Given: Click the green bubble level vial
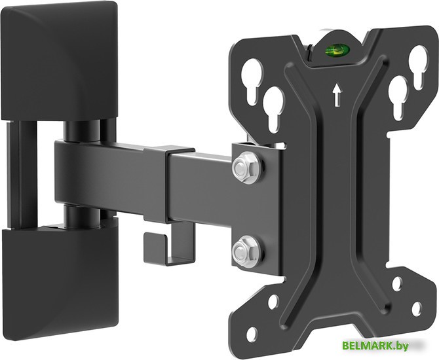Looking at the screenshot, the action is tap(337, 50).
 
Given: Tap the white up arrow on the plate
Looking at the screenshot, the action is tap(337, 95).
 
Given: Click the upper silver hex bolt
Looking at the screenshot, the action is tap(246, 168).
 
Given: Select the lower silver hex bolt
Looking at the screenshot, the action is tap(246, 251).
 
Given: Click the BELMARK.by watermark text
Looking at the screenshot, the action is tap(375, 346).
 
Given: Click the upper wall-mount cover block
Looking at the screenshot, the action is tap(60, 61).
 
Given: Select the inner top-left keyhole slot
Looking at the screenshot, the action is tap(273, 108).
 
